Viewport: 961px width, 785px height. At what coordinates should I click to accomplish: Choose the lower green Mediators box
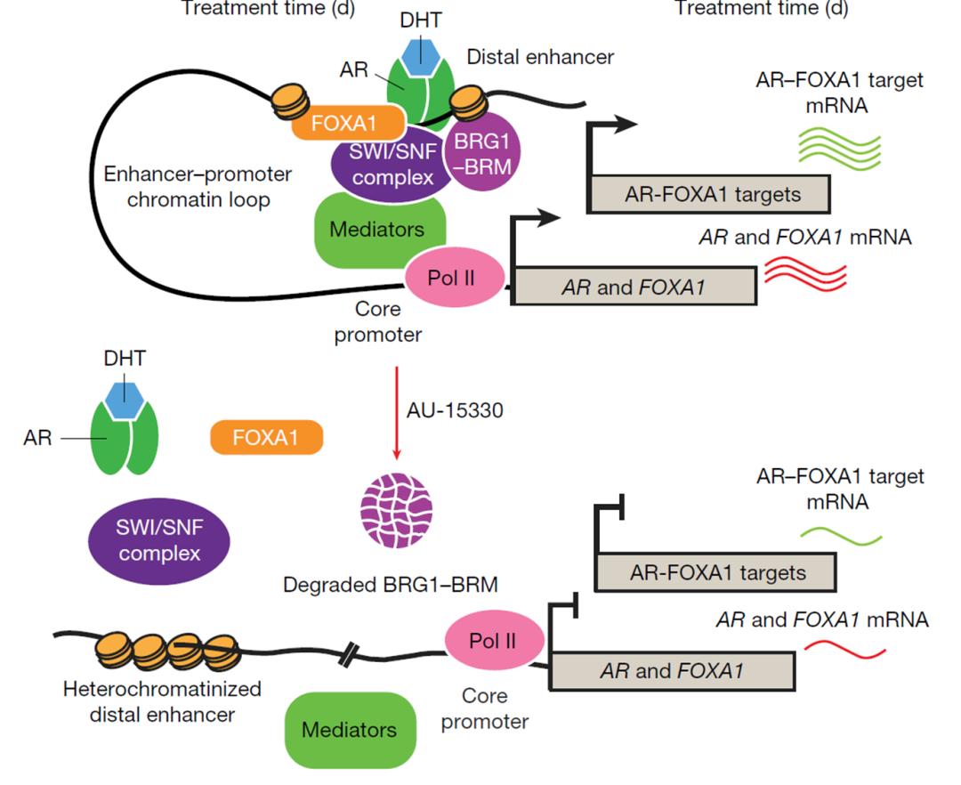349,730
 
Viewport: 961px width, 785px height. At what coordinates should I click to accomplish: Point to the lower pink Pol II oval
494,639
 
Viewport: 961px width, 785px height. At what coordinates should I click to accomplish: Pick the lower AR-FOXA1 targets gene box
715,571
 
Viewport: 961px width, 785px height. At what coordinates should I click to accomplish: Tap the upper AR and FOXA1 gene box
634,287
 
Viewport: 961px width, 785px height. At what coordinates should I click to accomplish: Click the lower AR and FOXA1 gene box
672,670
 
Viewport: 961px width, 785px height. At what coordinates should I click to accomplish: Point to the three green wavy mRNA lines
837,143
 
